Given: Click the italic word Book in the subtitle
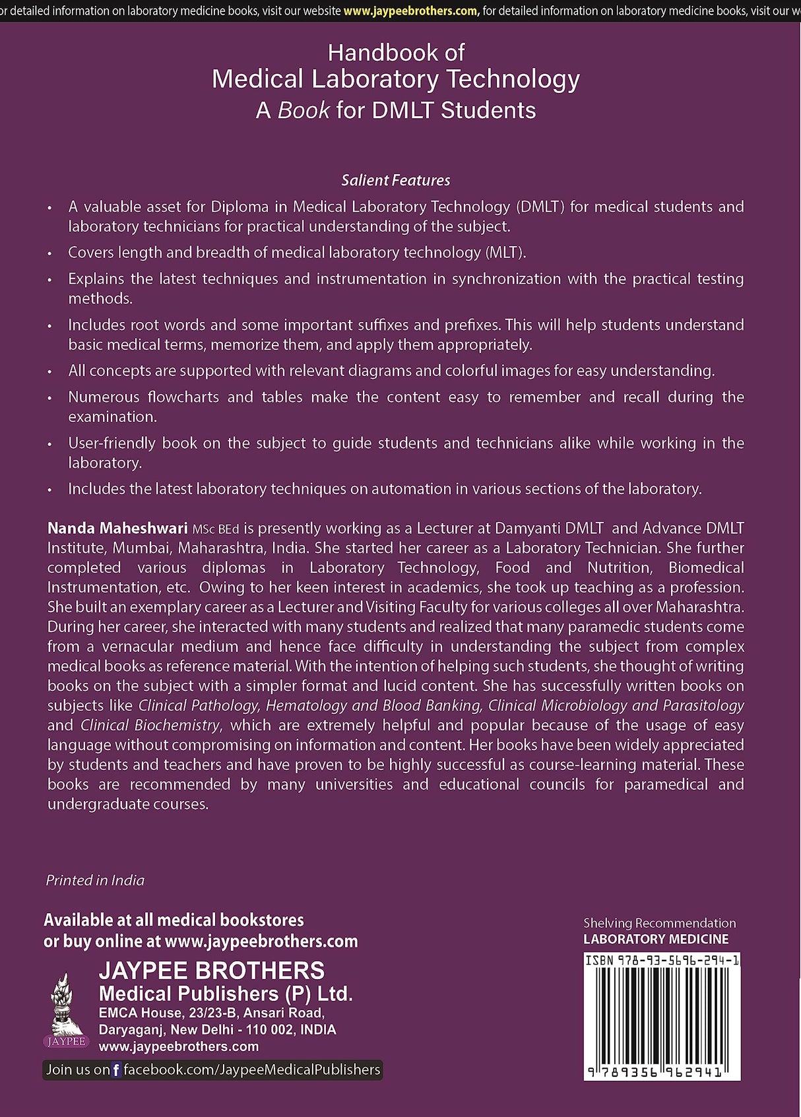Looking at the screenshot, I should pos(304,110).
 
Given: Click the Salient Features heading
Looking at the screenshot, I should pos(395,180).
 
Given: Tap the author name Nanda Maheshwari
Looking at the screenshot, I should pos(117,528).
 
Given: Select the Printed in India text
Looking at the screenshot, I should pos(95,880).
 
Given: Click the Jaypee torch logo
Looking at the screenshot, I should pos(67,1009).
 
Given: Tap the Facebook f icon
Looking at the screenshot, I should pos(117,1070).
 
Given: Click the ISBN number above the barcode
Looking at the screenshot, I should pos(662,961).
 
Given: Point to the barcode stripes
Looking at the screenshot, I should pos(662,1016).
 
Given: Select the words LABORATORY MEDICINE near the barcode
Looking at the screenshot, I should pos(656,939).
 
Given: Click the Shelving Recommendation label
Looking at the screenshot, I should pos(659,923).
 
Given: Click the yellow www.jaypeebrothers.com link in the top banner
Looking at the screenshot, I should pos(411,11).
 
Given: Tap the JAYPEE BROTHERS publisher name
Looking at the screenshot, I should pos(211,971).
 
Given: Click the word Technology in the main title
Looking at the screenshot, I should pos(513,79).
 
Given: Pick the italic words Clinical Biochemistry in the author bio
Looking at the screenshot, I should pos(150,725).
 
